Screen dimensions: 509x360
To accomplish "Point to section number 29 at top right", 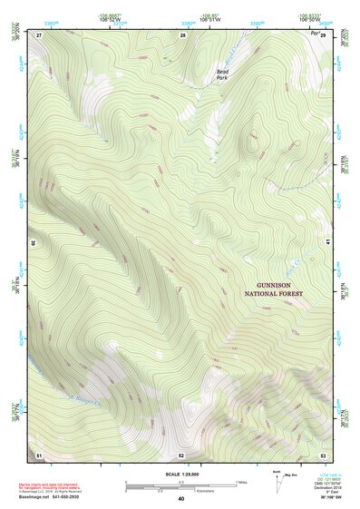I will pos(323,34).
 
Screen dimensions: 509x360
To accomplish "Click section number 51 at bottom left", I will pos(39,454).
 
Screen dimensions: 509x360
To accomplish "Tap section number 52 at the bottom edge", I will pos(181,455).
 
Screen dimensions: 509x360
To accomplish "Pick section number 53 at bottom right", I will pos(323,454).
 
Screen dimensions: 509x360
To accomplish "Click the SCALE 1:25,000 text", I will pos(180,474).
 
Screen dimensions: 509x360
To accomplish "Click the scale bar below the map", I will pos(180,485).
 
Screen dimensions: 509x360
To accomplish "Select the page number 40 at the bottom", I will pos(180,499).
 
